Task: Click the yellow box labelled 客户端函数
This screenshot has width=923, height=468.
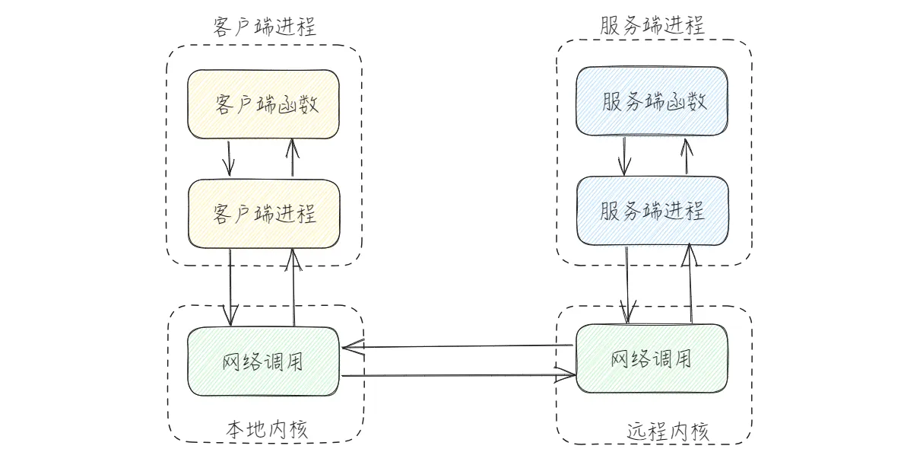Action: [x=264, y=104]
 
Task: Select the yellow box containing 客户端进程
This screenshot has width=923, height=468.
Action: [x=264, y=213]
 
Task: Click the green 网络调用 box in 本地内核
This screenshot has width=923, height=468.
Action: [x=264, y=361]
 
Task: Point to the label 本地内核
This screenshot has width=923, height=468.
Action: [x=266, y=429]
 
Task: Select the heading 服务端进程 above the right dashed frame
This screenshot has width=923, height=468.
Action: [x=653, y=25]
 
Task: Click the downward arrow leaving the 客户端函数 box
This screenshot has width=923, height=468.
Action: [x=230, y=158]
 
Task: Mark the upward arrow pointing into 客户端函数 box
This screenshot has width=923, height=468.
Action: [x=292, y=158]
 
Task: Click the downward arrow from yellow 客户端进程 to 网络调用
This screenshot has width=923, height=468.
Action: [x=230, y=288]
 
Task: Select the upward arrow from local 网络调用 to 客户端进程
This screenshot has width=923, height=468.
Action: [x=293, y=288]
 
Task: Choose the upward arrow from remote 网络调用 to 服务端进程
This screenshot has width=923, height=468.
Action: [x=690, y=283]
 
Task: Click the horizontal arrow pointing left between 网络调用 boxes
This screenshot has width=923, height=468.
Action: [x=456, y=347]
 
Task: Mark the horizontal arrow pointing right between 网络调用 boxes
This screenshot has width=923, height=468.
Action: [x=456, y=375]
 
